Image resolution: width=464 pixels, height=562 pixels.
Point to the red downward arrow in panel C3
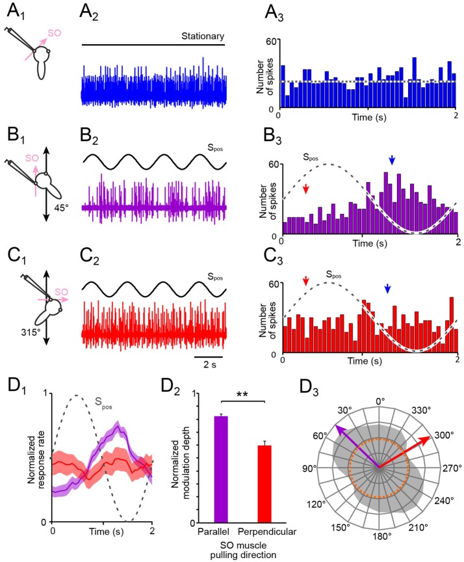[x=305, y=280]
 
